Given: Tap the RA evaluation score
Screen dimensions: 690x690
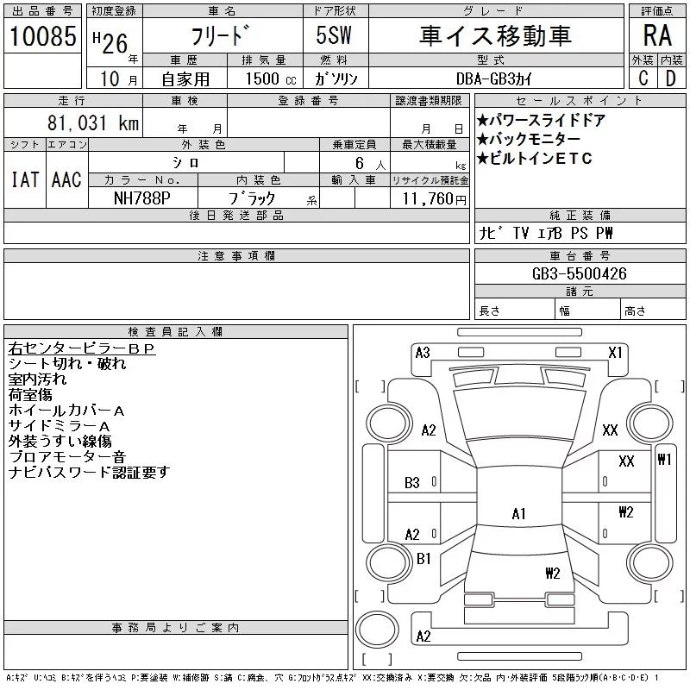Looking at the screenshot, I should tap(656, 35).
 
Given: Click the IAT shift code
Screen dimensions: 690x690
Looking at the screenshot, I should tap(24, 179).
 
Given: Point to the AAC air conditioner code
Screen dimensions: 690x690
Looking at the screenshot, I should tap(66, 179).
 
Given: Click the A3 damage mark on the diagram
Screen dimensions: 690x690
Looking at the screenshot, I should tap(423, 352).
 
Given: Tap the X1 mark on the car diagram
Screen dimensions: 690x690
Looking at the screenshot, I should tap(615, 352).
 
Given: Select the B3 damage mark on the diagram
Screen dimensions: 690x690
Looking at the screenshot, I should tap(412, 483).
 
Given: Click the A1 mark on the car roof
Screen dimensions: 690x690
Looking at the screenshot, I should tap(518, 514).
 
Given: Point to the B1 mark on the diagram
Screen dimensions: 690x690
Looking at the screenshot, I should tap(423, 559).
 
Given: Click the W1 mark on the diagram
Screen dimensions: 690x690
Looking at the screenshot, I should tap(664, 459).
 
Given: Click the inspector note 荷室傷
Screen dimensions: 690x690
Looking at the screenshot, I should tap(29, 394).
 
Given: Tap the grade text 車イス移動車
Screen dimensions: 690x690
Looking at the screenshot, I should tap(495, 35).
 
